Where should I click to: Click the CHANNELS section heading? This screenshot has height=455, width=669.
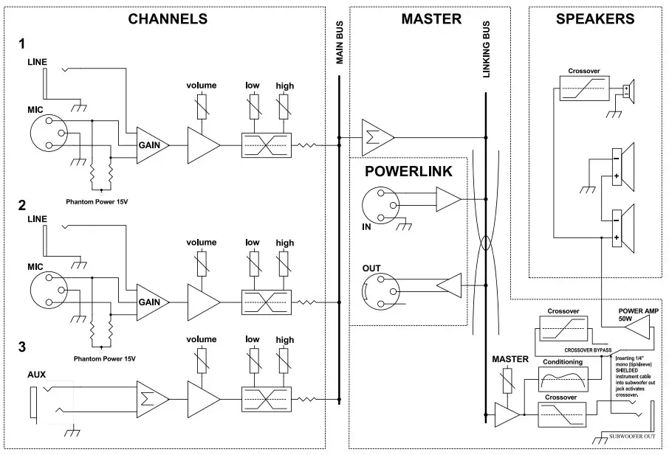[168, 19]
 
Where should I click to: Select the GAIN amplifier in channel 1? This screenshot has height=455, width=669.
[152, 145]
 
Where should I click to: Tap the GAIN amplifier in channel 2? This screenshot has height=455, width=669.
[152, 302]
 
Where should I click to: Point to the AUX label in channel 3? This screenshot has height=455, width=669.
[36, 375]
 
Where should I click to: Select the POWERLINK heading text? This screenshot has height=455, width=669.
[408, 172]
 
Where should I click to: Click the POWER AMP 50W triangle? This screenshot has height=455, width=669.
[636, 333]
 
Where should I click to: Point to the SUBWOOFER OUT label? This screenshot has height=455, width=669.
[633, 437]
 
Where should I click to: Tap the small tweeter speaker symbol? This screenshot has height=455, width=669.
[627, 91]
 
